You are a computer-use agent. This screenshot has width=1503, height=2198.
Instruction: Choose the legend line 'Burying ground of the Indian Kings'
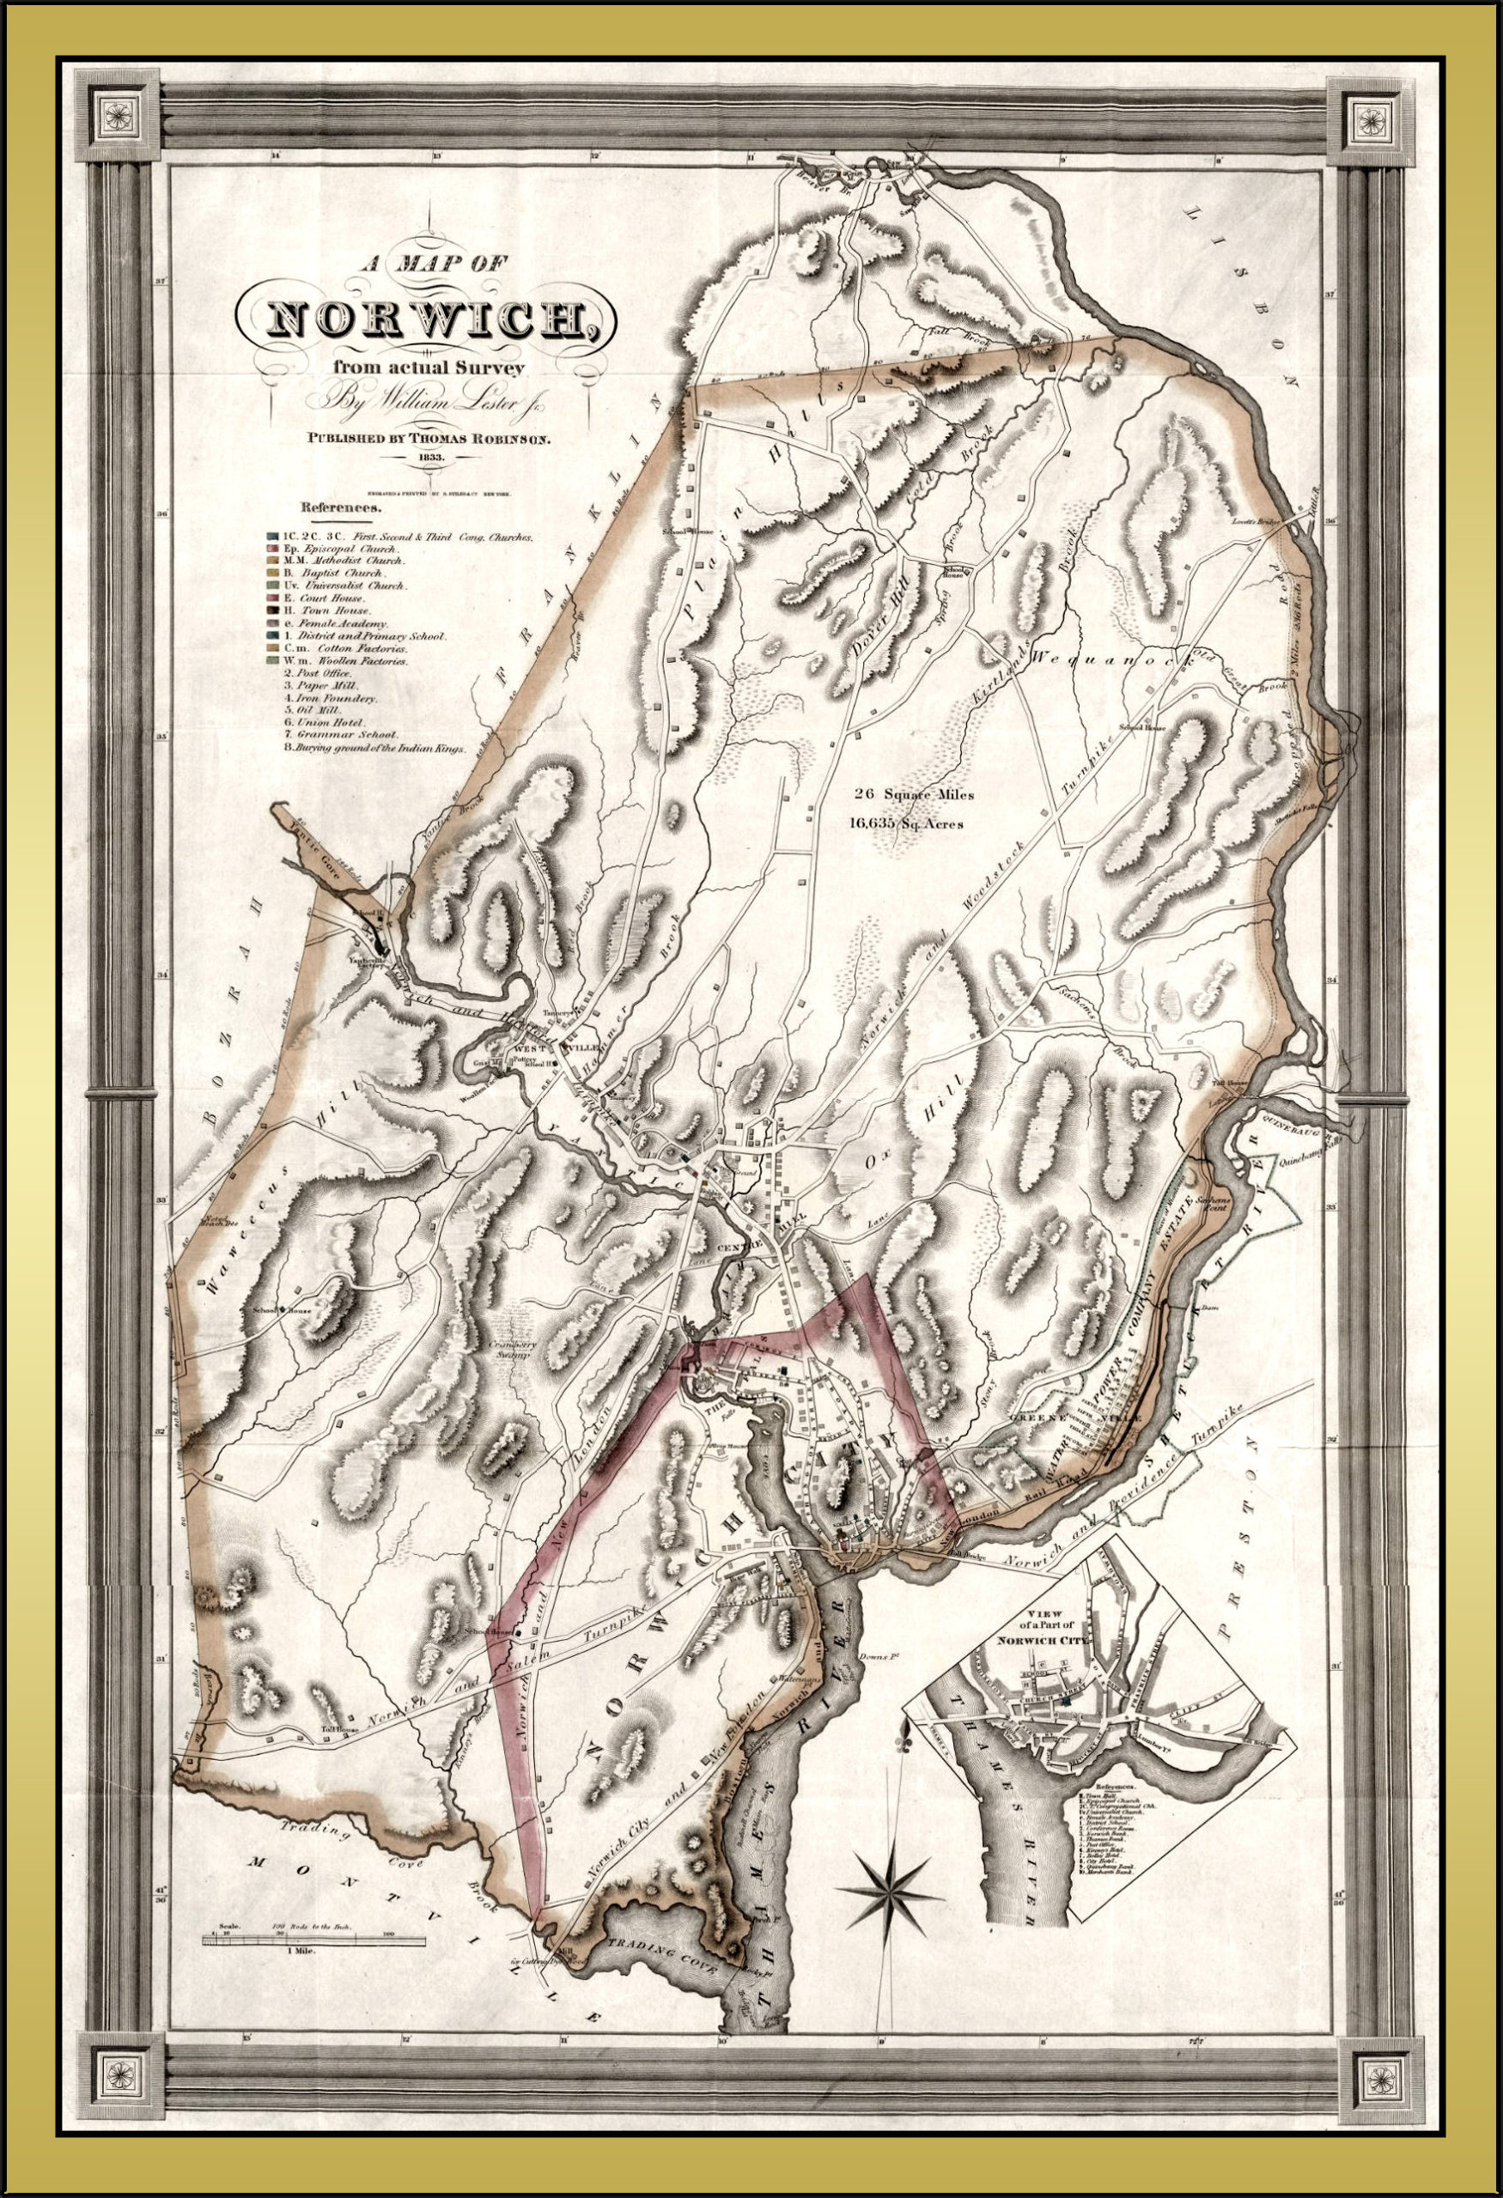pyautogui.click(x=375, y=747)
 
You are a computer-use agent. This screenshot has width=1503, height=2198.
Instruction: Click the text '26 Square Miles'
pyautogui.click(x=912, y=794)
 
